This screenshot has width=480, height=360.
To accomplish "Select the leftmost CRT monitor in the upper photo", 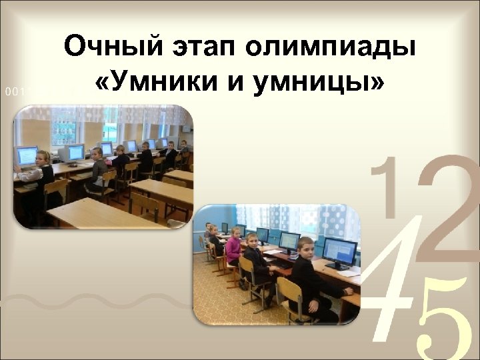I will [x=27, y=155].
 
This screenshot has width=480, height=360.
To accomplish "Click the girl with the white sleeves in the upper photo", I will [x=40, y=172].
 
